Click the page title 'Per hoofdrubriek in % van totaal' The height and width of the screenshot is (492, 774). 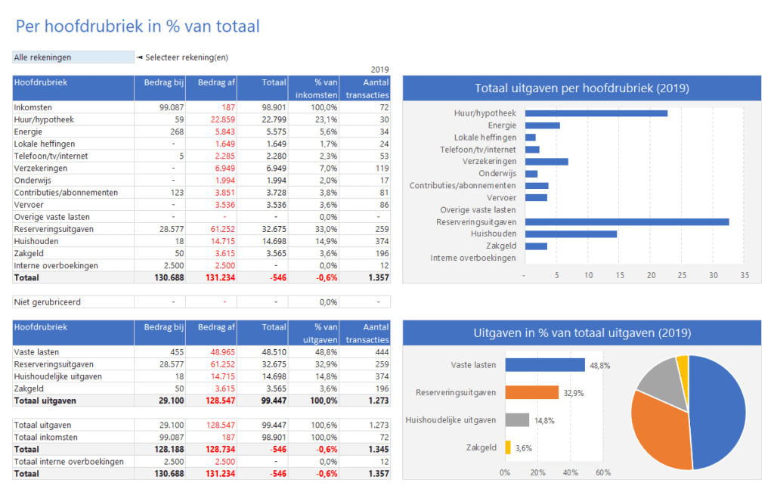click(x=137, y=26)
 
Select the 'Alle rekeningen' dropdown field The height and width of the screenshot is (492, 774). click(x=73, y=57)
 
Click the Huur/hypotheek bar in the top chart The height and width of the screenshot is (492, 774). click(x=596, y=113)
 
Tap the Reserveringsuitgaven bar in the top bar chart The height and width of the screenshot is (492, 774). click(x=627, y=222)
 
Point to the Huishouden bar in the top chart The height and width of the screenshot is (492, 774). click(x=571, y=234)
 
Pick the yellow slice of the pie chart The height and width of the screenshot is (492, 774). click(x=683, y=364)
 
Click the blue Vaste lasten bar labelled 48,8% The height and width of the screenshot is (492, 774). click(x=545, y=365)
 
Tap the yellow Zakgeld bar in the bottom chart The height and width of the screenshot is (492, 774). click(x=508, y=447)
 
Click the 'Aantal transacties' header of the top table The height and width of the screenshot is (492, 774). click(x=365, y=88)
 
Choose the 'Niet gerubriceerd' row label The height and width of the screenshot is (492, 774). click(x=47, y=302)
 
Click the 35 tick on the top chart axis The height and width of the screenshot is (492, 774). click(x=745, y=276)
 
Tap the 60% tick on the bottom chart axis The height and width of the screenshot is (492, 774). click(x=603, y=473)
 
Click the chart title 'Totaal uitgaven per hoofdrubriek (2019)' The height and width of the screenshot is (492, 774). click(x=581, y=88)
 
